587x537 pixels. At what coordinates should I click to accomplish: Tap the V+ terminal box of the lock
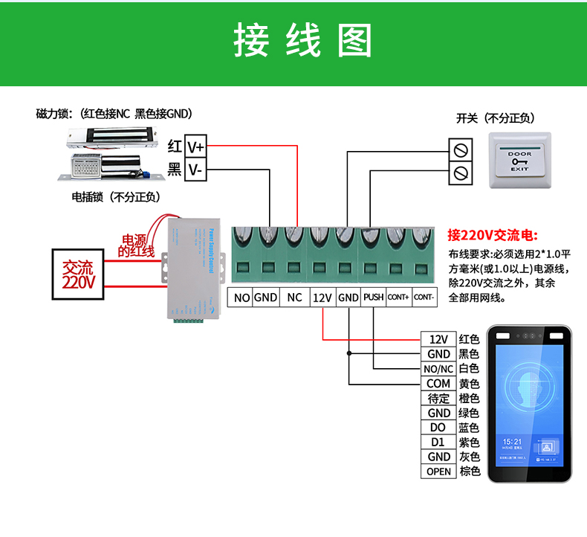tap(195, 147)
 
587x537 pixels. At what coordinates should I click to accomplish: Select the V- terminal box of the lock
tap(195, 170)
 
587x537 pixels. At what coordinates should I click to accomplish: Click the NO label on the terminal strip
tap(241, 298)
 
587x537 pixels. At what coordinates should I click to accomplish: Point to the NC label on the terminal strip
tap(294, 298)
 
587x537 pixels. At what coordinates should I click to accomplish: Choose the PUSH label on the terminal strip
tap(373, 298)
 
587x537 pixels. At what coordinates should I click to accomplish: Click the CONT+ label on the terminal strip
tap(398, 298)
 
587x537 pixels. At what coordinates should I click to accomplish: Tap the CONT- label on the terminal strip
tap(424, 298)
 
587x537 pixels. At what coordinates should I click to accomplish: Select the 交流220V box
tap(79, 274)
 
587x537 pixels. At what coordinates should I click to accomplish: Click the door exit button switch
tap(519, 161)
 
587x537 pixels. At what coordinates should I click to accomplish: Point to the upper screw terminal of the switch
tap(461, 149)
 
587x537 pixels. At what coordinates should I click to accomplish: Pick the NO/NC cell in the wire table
tap(438, 369)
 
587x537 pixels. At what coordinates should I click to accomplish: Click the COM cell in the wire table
tap(438, 384)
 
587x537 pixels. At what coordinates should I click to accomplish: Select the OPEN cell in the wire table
tap(438, 472)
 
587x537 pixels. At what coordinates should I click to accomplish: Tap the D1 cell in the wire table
tap(438, 443)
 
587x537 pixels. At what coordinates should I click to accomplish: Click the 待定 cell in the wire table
tap(438, 399)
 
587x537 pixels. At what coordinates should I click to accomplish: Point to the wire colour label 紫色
tap(470, 443)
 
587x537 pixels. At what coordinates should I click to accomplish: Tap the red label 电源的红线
tap(136, 246)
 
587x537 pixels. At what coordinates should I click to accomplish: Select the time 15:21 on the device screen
tap(511, 442)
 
